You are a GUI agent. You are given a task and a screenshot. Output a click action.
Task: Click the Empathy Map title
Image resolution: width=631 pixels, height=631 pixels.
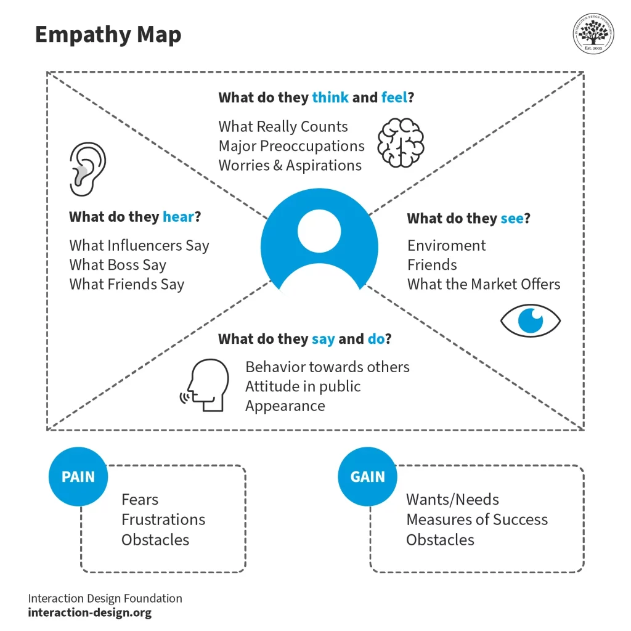pyautogui.click(x=108, y=35)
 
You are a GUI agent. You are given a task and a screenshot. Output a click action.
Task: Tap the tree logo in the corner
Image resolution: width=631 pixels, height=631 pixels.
pyautogui.click(x=594, y=35)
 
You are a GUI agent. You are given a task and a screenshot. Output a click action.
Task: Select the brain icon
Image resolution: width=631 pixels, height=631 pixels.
pyautogui.click(x=401, y=142)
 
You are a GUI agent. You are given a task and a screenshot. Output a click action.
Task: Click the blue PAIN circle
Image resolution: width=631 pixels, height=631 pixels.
pyautogui.click(x=78, y=477)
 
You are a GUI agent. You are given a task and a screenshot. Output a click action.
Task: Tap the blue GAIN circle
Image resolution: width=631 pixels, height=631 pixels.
pyautogui.click(x=367, y=477)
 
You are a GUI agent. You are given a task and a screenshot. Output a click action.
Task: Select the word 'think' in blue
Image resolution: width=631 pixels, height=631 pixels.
pyautogui.click(x=330, y=97)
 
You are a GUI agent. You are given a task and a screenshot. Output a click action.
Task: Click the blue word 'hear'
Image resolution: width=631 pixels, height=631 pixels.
pyautogui.click(x=178, y=217)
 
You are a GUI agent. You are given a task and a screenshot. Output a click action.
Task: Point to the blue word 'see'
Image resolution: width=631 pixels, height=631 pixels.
pyautogui.click(x=511, y=219)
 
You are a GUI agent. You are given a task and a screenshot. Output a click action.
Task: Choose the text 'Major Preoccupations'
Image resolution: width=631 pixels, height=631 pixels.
pyautogui.click(x=291, y=146)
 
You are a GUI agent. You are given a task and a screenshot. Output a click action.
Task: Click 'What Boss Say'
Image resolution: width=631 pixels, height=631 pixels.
pyautogui.click(x=118, y=265)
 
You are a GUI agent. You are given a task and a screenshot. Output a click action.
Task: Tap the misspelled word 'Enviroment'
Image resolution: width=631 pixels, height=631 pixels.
pyautogui.click(x=446, y=245)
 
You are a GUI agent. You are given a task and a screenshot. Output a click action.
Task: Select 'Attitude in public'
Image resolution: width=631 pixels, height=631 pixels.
pyautogui.click(x=303, y=386)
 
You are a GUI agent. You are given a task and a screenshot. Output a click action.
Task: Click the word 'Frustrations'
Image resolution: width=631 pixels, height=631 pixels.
pyautogui.click(x=163, y=519)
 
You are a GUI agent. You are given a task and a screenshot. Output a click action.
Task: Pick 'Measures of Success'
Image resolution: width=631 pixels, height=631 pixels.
pyautogui.click(x=476, y=519)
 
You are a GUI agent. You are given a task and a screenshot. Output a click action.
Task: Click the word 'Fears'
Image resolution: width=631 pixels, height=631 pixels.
pyautogui.click(x=140, y=500)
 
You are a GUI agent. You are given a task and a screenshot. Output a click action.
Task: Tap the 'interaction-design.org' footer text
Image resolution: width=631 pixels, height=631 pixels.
pyautogui.click(x=89, y=613)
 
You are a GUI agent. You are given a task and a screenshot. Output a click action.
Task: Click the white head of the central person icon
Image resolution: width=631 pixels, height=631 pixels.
pyautogui.click(x=319, y=231)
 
